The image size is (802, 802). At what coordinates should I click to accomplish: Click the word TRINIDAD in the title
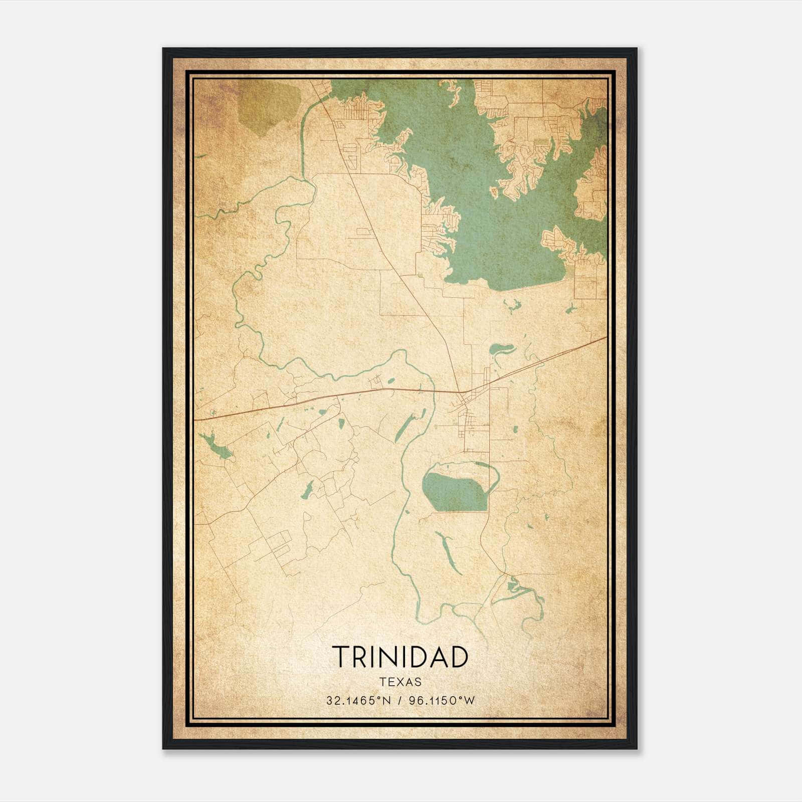coord(400,657)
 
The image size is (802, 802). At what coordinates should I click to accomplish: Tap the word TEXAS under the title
coord(400,682)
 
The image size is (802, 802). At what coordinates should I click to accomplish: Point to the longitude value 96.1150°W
coord(442,701)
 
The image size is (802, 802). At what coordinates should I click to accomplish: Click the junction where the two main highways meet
coord(460,392)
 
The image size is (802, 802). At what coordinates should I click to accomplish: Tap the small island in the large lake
coord(494,191)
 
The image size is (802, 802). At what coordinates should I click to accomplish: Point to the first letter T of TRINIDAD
coord(340,657)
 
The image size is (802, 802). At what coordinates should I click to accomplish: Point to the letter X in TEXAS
coord(400,682)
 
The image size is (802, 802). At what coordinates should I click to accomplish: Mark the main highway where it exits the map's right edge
coord(605,338)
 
